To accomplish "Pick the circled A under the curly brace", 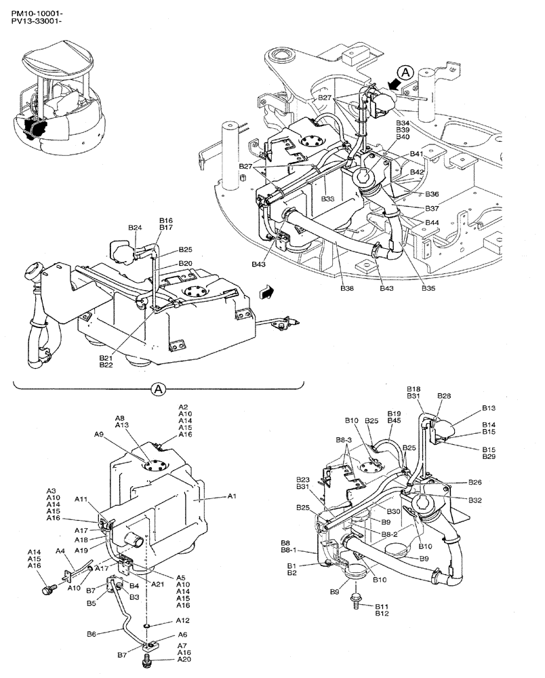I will pos(157,389).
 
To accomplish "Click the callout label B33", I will pos(328,199).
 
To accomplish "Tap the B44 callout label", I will pos(432,223).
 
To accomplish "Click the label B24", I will pos(134,228).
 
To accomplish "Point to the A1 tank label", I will pos(232,497).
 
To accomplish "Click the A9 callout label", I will pos(100,434).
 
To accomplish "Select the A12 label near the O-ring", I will pos(182,620).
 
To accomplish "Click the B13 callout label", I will pos(489,408).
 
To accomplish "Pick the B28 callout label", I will pos(444,395).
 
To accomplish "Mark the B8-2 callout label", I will pos(390,534).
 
